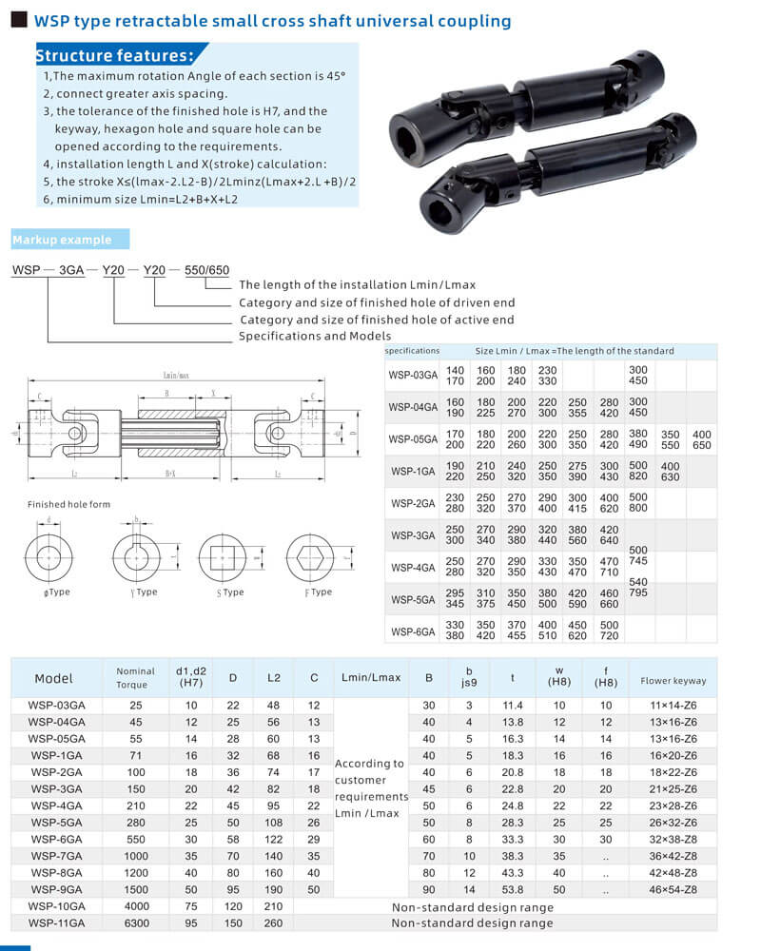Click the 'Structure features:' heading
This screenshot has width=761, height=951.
point(114,55)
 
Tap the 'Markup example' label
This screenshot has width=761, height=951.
point(62,240)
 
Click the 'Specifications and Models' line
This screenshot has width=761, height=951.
point(315,336)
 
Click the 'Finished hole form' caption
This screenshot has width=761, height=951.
point(65,504)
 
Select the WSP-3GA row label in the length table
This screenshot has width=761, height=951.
point(413,535)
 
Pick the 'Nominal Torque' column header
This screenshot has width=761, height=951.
point(135,677)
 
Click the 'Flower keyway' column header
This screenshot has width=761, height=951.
point(673,680)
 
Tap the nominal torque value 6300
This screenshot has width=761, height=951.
point(135,922)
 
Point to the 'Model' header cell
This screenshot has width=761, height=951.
point(53,679)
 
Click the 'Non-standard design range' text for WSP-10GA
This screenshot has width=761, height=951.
point(472,907)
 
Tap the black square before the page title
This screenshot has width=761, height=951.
point(18,20)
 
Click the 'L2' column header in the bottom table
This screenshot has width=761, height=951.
point(274,678)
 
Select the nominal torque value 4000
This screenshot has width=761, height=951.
point(135,907)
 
